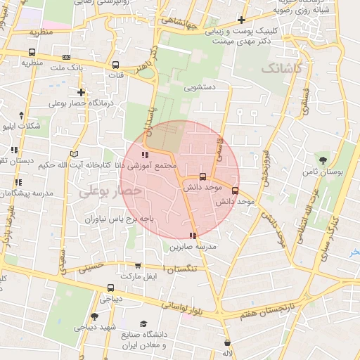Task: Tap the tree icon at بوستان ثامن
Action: click(323, 160)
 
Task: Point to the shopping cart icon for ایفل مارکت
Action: click(138, 266)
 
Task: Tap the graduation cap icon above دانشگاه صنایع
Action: click(143, 324)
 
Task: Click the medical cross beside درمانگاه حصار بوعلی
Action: click(82, 91)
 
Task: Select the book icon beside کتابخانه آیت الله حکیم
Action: click(75, 153)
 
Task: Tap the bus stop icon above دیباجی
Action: click(110, 287)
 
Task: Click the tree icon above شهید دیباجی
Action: click(95, 317)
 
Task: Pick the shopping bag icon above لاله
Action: click(227, 342)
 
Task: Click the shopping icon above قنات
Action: click(115, 62)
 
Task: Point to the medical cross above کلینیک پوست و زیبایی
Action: click(242, 20)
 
